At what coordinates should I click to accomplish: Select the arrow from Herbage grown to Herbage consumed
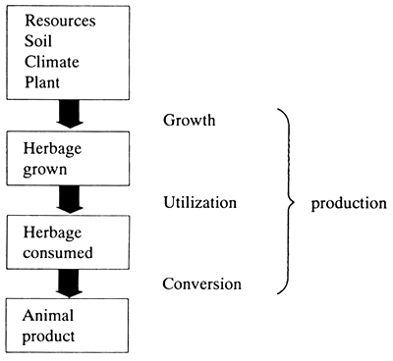(x=71, y=200)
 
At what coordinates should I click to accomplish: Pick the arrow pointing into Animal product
(x=71, y=285)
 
